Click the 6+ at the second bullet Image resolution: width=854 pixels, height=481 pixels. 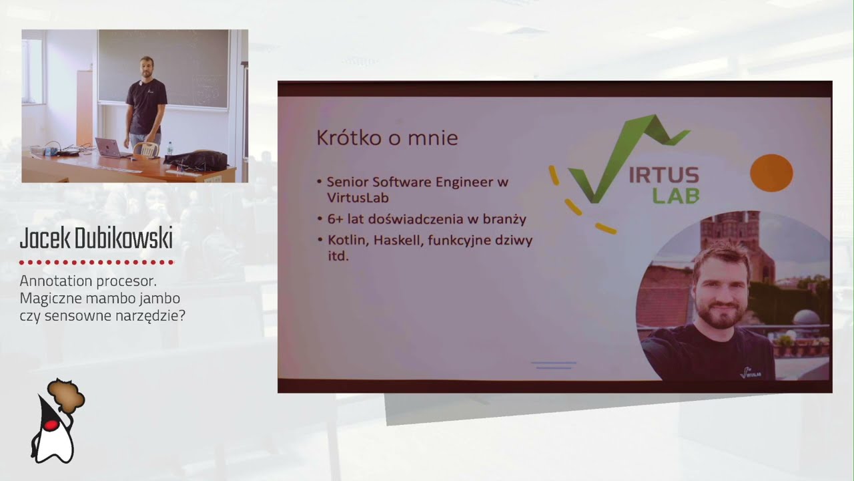[334, 219]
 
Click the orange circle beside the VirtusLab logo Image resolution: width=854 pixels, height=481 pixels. [771, 173]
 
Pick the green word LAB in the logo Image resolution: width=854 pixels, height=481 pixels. [676, 195]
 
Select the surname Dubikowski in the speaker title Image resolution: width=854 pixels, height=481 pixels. [123, 238]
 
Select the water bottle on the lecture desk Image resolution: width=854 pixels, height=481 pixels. [169, 149]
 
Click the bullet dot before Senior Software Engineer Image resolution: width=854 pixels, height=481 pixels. [320, 182]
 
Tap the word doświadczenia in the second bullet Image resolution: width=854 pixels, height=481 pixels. [415, 219]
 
